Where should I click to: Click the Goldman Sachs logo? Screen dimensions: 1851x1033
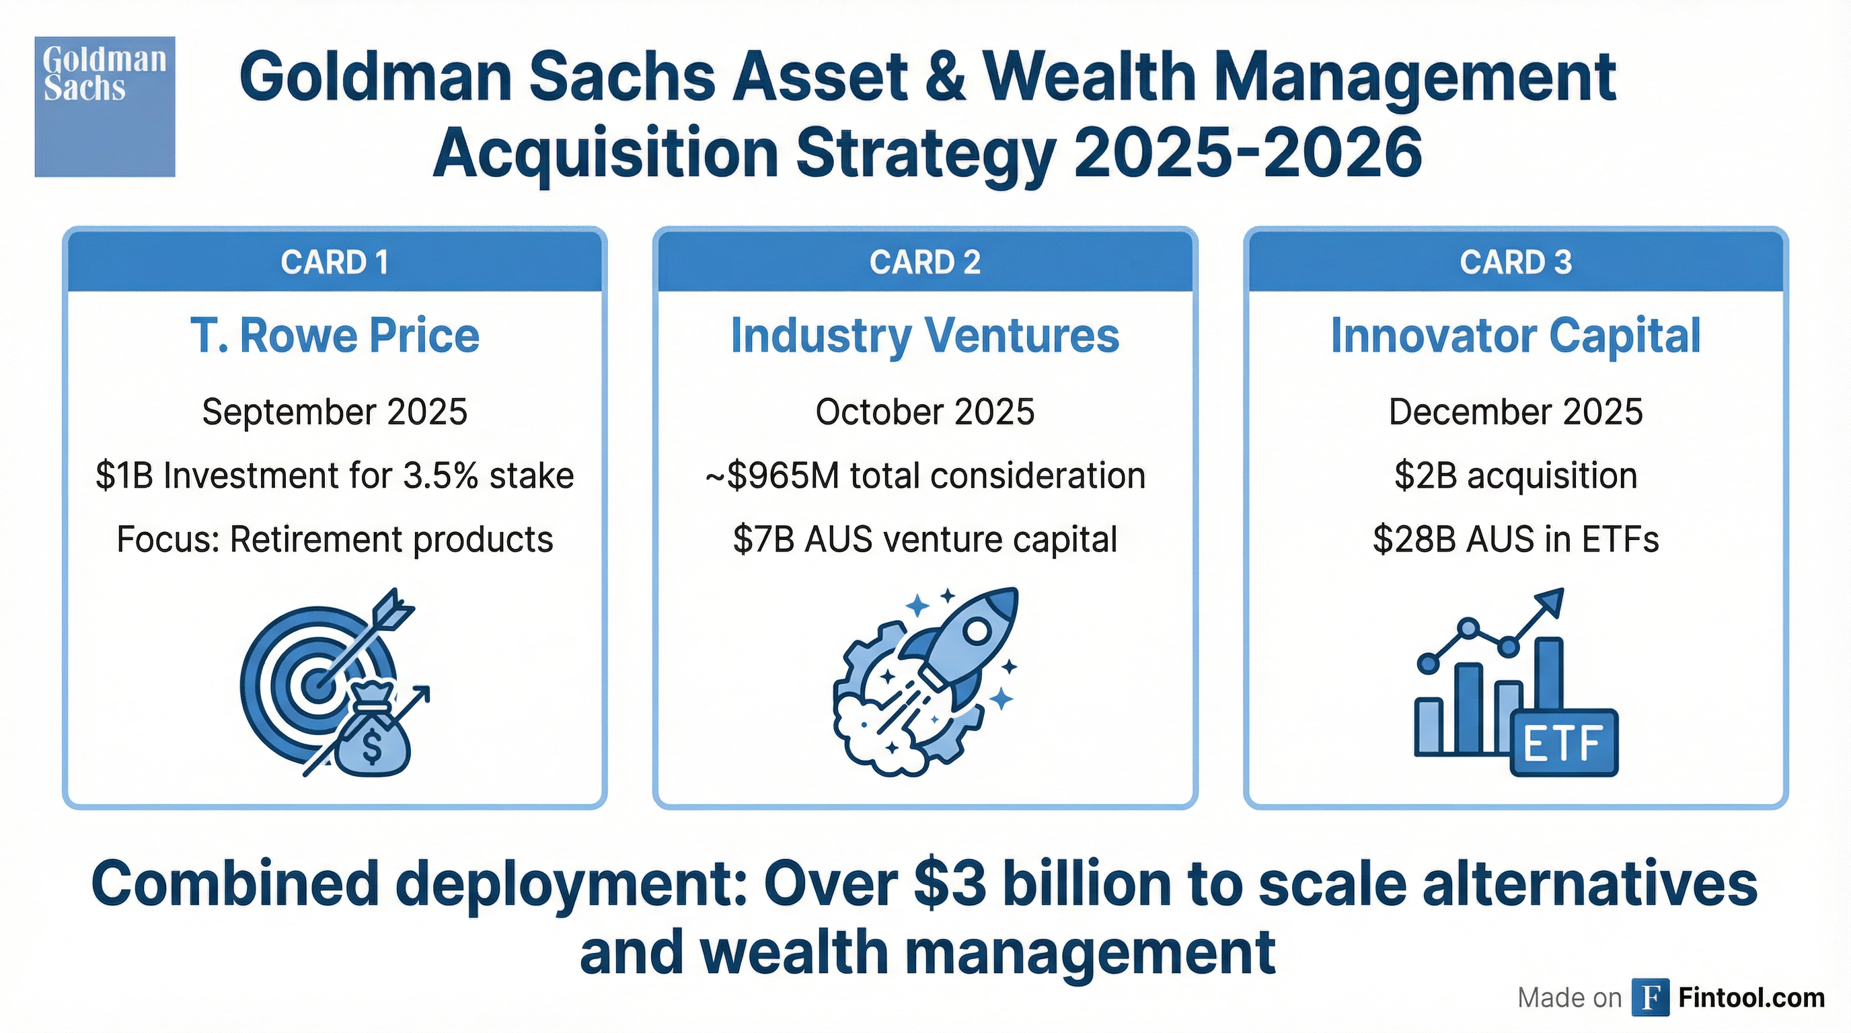point(105,106)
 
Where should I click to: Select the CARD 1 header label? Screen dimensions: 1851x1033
point(335,262)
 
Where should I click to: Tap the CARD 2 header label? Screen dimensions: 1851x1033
point(925,262)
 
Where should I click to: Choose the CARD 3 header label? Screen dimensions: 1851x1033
point(1516,262)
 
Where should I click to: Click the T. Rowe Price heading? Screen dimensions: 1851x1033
point(335,336)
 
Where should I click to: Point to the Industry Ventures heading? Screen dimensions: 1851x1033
point(925,336)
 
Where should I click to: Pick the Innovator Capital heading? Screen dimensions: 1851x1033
point(1516,336)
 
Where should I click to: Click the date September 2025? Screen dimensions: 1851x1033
point(335,412)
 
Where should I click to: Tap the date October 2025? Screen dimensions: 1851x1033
point(925,412)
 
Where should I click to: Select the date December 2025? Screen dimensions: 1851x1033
point(1516,412)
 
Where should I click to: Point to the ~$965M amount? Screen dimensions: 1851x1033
point(772,475)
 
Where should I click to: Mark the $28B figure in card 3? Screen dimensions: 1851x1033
point(1408,539)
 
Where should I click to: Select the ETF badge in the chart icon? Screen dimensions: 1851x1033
point(1564,742)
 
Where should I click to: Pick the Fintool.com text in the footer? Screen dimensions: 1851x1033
point(1751,998)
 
